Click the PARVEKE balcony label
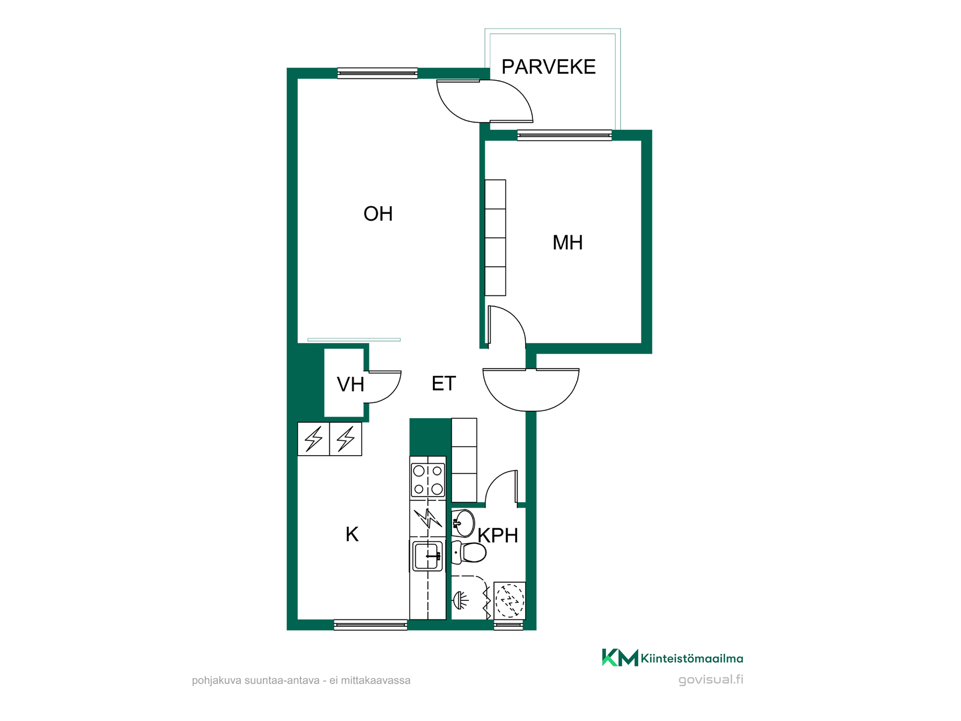coord(549,67)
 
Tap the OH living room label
coord(378,214)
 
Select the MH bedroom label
coord(568,243)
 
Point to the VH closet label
coord(350,385)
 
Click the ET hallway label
coord(444,384)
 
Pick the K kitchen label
coord(352,535)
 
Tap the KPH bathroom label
coord(498,536)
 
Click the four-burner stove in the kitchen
coord(428,480)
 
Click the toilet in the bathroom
coord(469,552)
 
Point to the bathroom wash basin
coord(463,523)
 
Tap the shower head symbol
coord(460,599)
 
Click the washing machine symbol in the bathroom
coord(510,600)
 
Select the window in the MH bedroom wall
coord(564,135)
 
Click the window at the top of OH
coord(377,73)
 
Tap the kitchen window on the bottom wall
coord(370,625)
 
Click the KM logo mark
coord(620,657)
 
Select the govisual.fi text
coord(711,680)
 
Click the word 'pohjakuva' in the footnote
coord(216,681)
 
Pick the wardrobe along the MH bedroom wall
coord(496,238)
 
